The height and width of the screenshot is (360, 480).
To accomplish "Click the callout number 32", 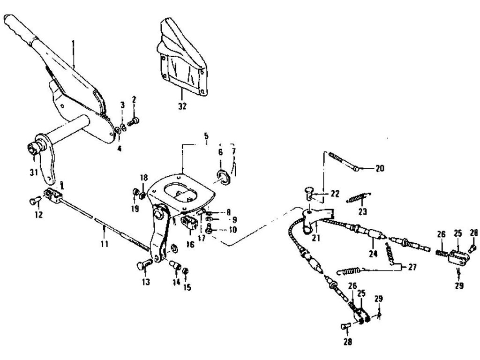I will tap(182, 106).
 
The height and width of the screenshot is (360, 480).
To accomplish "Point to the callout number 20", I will tap(379, 167).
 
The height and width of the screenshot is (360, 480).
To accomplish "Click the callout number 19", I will tap(135, 209).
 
